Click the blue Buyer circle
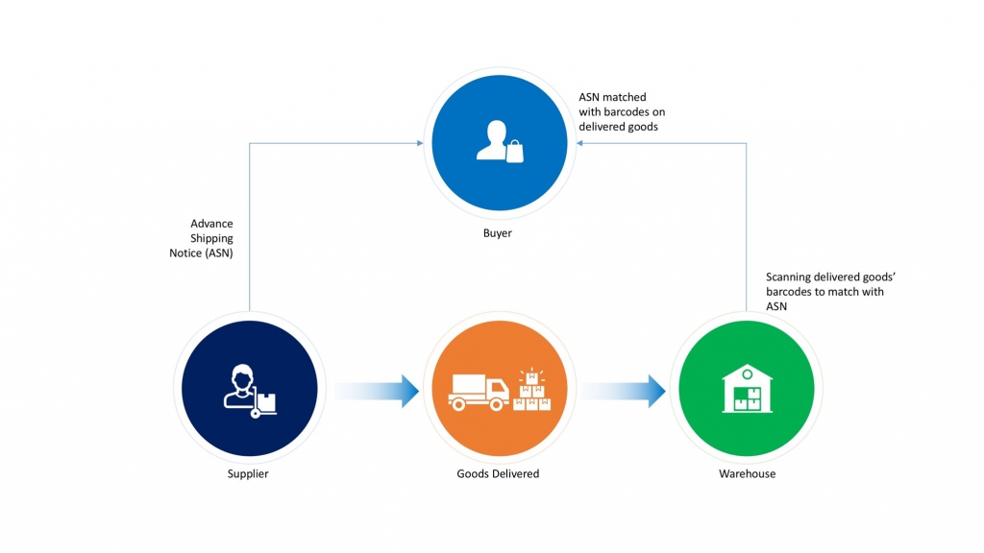click(497, 144)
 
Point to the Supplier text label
click(248, 474)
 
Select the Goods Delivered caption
click(498, 474)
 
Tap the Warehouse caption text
click(747, 474)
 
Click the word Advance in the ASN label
click(211, 224)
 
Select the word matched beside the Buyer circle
click(626, 97)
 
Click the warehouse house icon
click(747, 389)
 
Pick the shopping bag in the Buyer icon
click(514, 151)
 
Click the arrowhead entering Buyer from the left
click(419, 144)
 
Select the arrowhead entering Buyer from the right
click(577, 144)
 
